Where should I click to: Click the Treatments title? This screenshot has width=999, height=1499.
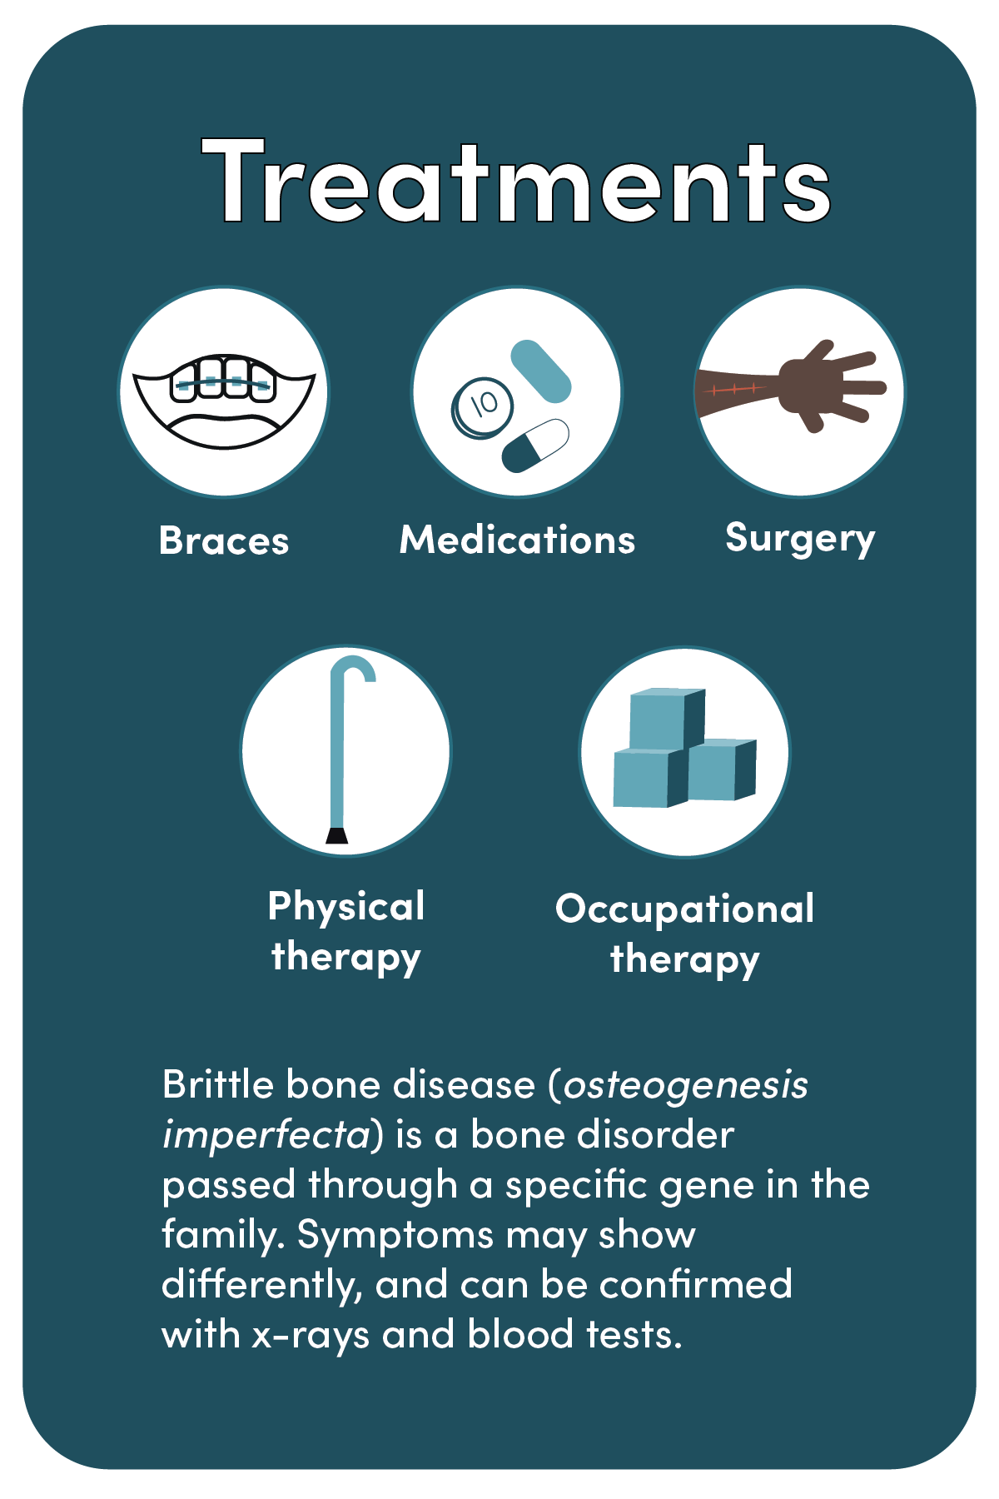pos(516,182)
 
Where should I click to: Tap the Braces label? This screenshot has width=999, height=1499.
pos(224,540)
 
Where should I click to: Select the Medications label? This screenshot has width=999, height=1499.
pos(517,540)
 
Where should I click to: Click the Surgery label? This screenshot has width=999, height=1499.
pos(800,539)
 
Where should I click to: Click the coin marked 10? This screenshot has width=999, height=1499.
pos(482,407)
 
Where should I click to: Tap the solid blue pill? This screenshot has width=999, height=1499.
pos(540,371)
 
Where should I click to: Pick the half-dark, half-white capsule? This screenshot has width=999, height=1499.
pos(535,446)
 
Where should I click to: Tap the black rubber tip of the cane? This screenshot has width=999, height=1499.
pos(336,835)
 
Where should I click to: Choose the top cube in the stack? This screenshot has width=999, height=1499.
pos(667,719)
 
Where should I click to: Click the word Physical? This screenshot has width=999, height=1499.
pos(346,907)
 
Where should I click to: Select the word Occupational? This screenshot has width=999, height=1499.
pos(684,909)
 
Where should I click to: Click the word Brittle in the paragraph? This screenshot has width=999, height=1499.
pos(217,1084)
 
